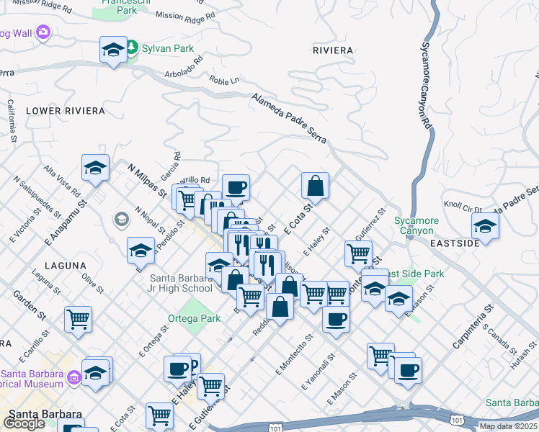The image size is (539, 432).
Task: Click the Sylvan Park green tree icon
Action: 132,48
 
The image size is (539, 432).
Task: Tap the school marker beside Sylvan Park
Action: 113,50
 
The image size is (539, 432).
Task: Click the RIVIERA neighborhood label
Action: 333,50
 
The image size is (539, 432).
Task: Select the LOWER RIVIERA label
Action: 65,111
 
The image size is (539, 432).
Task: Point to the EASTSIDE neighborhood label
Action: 455,244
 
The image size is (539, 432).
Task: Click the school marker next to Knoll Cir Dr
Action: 485,226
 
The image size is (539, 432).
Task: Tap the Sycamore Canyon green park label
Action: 414,225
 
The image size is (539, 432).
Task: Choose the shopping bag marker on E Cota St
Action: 315,186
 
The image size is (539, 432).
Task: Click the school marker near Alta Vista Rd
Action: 96,168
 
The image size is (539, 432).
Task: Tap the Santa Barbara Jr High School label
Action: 181,284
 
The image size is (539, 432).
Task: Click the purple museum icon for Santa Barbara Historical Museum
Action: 73,377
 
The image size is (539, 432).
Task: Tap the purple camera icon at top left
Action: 43,32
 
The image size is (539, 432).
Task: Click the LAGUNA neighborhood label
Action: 66,266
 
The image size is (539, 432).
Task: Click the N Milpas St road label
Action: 147,181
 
